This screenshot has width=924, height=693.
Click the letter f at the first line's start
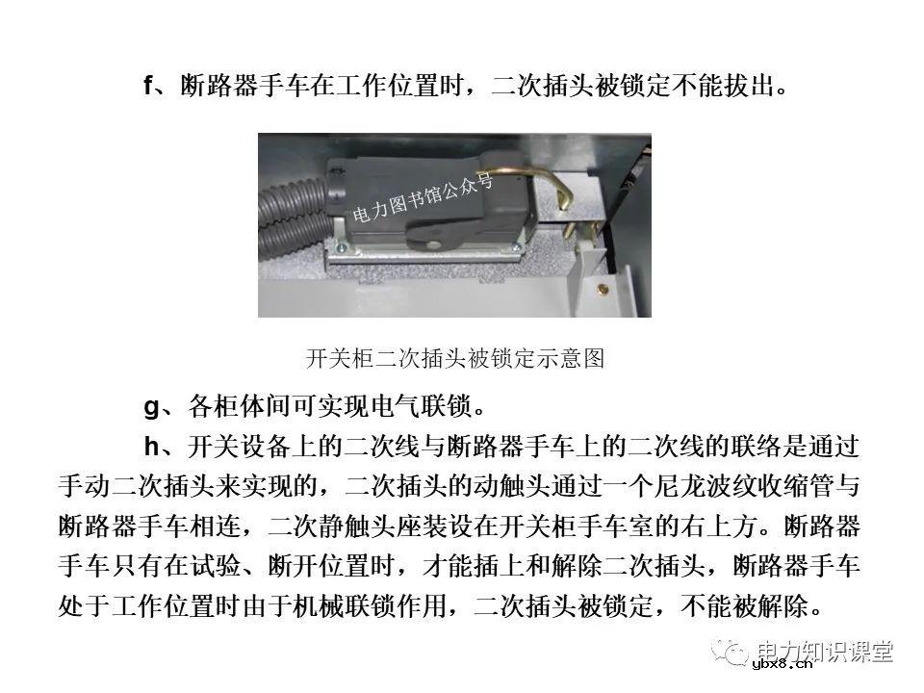[148, 86]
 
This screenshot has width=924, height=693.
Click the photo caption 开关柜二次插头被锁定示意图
[454, 360]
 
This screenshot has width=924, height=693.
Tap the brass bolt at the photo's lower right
[603, 288]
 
